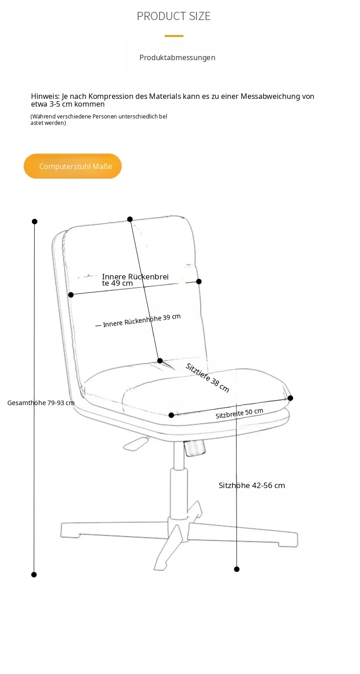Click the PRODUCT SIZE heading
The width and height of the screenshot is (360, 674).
pyautogui.click(x=174, y=16)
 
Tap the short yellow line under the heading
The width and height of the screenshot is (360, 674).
pyautogui.click(x=174, y=36)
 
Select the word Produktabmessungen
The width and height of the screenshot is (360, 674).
pyautogui.click(x=177, y=57)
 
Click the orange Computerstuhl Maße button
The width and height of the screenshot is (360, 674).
pyautogui.click(x=72, y=166)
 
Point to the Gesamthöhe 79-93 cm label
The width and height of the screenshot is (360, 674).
pyautogui.click(x=41, y=402)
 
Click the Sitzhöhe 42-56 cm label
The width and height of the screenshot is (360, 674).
pyautogui.click(x=252, y=485)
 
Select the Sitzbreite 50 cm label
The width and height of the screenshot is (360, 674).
pyautogui.click(x=239, y=413)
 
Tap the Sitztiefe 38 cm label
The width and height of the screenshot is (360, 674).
pyautogui.click(x=207, y=378)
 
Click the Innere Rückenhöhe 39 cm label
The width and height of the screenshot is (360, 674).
pyautogui.click(x=142, y=320)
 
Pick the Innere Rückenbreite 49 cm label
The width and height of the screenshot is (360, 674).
pyautogui.click(x=135, y=280)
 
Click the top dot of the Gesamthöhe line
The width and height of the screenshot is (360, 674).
pyautogui.click(x=35, y=221)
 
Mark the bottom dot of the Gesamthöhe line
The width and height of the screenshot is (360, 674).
pyautogui.click(x=34, y=574)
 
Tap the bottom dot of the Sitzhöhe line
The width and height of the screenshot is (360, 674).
pyautogui.click(x=237, y=569)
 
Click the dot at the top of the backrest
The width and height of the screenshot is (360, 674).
pyautogui.click(x=130, y=219)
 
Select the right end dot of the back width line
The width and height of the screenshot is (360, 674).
pyautogui.click(x=199, y=281)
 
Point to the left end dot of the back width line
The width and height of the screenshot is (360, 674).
pyautogui.click(x=71, y=295)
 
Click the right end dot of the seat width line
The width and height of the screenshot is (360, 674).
pyautogui.click(x=290, y=398)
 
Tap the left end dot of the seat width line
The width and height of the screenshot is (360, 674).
pyautogui.click(x=171, y=415)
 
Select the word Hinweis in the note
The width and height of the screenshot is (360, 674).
pyautogui.click(x=45, y=96)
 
